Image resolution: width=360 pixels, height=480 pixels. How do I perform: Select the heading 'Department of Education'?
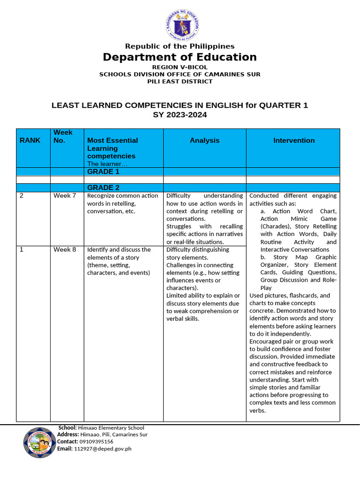[180, 57]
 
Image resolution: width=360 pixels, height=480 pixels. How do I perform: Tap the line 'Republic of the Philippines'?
[180, 46]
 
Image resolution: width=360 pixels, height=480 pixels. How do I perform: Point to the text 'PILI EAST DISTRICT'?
[180, 81]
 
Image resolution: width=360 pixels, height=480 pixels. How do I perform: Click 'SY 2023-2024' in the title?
[180, 114]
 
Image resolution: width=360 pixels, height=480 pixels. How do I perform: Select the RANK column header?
[30, 140]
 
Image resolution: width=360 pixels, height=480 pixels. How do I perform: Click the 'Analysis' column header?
[204, 140]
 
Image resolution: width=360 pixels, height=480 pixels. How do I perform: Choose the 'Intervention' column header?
[294, 140]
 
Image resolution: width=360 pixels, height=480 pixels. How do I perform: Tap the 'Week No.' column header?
[63, 136]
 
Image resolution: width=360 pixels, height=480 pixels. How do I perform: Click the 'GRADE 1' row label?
[100, 172]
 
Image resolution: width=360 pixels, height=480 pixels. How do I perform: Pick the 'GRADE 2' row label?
[100, 187]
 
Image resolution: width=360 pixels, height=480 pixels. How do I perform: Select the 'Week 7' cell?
[65, 195]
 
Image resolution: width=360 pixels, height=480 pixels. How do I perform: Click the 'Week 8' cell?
[65, 249]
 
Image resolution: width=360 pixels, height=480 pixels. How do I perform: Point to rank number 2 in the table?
[22, 195]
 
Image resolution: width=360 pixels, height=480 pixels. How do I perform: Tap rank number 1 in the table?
[22, 249]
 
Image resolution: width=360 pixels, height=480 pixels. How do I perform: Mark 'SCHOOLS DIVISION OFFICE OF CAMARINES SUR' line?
[180, 74]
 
